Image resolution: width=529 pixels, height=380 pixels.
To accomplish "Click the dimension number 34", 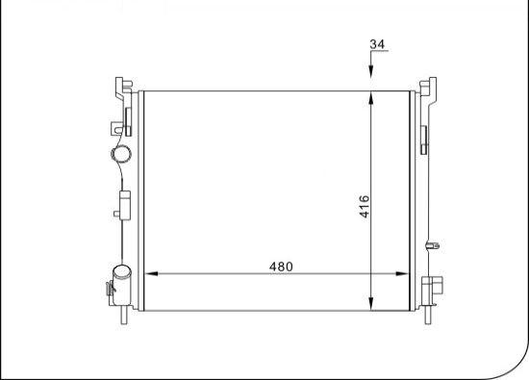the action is (x=377, y=44).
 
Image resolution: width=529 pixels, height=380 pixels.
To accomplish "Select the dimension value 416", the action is (x=365, y=207).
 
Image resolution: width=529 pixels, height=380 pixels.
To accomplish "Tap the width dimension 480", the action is (x=281, y=266).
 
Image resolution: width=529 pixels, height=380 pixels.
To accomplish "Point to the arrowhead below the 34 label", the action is (x=371, y=71).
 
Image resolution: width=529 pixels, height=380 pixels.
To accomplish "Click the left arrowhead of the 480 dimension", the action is (x=151, y=273).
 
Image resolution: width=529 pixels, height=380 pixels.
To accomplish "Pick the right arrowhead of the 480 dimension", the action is (x=402, y=273).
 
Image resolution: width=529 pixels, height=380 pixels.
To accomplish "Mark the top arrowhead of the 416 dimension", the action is (x=371, y=98).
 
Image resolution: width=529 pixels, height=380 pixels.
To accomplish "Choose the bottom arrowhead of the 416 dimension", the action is (x=371, y=303).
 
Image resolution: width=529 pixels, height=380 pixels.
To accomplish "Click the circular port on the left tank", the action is (x=121, y=154).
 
